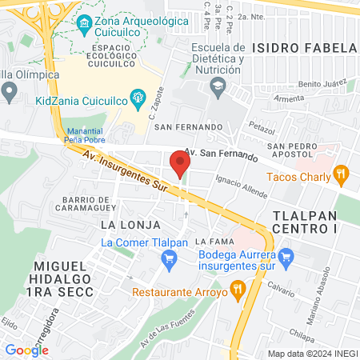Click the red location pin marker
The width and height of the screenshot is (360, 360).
pos(180,164)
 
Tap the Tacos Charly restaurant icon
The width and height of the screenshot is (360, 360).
pos(342,172)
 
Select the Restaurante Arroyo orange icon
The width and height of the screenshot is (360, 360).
pos(237,288)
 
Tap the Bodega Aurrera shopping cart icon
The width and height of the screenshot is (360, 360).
pos(288,257)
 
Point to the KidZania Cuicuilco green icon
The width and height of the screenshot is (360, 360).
pos(138,101)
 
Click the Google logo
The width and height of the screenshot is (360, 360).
pos(26,350)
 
